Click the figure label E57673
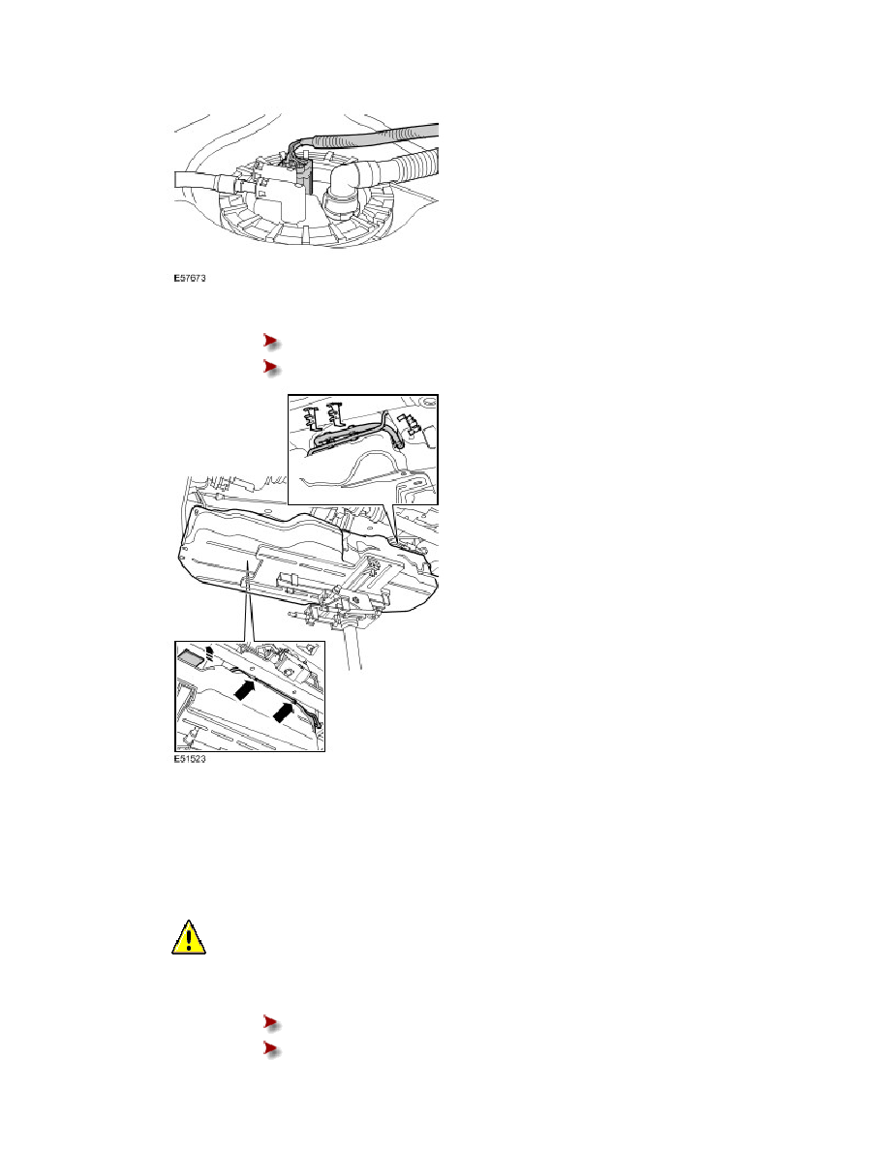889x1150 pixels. (x=190, y=279)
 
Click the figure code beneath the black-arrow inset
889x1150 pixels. (x=190, y=759)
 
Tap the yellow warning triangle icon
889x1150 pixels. (x=189, y=937)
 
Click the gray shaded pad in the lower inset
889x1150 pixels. (x=189, y=657)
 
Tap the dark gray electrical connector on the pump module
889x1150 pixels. (x=303, y=176)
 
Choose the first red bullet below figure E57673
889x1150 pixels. (x=271, y=341)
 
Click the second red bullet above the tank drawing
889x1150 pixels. (x=271, y=367)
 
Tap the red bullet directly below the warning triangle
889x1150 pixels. (x=271, y=1022)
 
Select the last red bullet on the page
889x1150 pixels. (x=271, y=1049)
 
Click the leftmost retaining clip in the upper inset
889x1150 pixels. (x=313, y=415)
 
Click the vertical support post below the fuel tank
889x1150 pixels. (x=355, y=646)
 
